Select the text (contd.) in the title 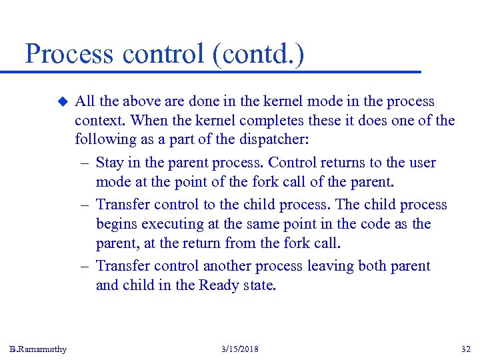click(x=259, y=54)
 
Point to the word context click(x=100, y=121)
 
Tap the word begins click(x=117, y=225)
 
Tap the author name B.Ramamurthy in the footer click(x=38, y=349)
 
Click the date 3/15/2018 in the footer click(x=239, y=349)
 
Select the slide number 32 click(x=466, y=349)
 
